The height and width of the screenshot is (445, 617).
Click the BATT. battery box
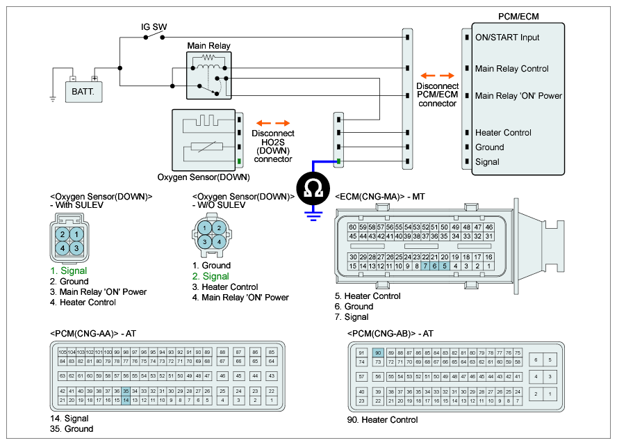tap(83, 90)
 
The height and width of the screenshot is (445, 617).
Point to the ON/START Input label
tap(507, 38)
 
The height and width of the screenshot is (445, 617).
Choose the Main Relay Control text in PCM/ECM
tap(511, 69)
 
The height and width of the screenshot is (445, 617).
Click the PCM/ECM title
tap(518, 16)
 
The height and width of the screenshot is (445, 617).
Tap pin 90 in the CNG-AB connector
tap(378, 353)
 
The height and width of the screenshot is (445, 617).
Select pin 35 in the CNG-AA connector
tap(126, 391)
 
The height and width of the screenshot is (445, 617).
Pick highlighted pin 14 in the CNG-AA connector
tap(126, 400)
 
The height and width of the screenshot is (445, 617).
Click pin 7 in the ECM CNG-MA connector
tap(425, 266)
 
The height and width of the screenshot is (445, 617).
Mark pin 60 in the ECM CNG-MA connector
tap(353, 227)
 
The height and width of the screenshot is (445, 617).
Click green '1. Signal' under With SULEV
tap(68, 270)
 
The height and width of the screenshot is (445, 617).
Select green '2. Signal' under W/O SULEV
tap(211, 276)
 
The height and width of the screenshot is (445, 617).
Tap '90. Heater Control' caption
tap(382, 420)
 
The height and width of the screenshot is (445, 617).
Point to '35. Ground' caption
tap(72, 429)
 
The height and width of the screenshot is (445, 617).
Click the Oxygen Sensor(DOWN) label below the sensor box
tap(204, 177)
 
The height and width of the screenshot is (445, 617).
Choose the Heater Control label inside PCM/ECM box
tap(503, 133)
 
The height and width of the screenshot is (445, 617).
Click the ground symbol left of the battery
tap(53, 98)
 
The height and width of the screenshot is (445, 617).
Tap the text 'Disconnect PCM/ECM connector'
tap(438, 94)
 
